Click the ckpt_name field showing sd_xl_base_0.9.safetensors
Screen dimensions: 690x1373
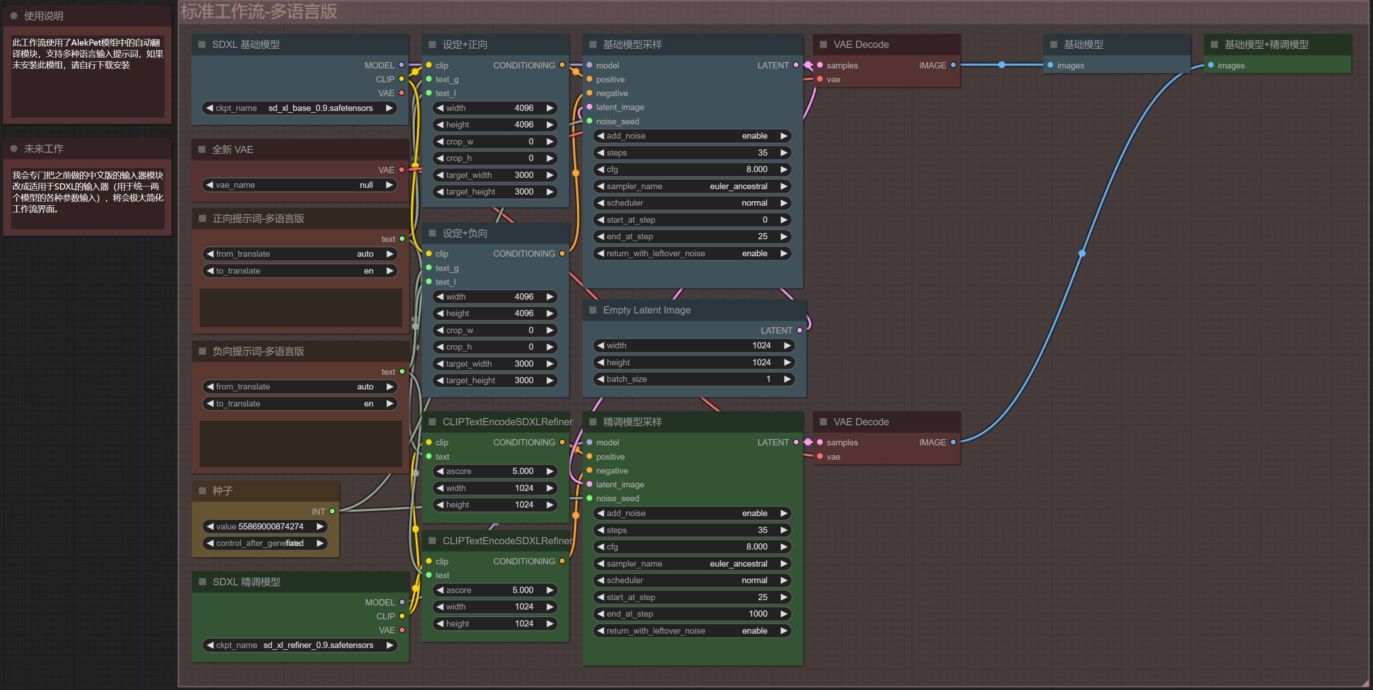coord(299,108)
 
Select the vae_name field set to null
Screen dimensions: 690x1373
coord(299,185)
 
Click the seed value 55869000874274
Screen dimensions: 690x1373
coord(265,526)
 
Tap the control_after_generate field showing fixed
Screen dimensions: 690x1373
coord(265,543)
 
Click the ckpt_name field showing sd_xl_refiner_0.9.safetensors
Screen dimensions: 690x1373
coord(299,645)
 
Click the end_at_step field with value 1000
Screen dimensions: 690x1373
coord(692,614)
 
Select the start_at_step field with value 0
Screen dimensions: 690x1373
coord(692,220)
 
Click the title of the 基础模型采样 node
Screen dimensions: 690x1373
coord(632,45)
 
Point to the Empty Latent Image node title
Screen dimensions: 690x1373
coord(647,310)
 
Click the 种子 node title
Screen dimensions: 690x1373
coord(222,491)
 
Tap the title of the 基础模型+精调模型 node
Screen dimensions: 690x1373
coord(1266,45)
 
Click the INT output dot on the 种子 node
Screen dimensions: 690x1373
coord(333,512)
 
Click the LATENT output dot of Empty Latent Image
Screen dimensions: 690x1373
coord(800,330)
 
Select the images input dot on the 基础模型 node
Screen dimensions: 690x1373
coord(1050,65)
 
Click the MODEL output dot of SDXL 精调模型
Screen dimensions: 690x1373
coord(402,602)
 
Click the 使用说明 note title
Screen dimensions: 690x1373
coord(44,16)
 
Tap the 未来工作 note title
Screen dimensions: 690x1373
coord(44,149)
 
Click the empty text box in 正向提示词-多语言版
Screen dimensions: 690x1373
coord(301,308)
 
